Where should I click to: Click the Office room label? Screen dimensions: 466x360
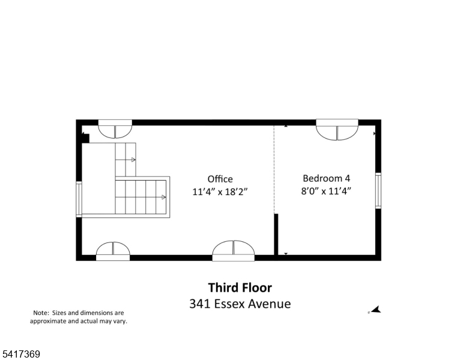click(x=220, y=179)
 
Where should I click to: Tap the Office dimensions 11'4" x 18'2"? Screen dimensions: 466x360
click(x=220, y=191)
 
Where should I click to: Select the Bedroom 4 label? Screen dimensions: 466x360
click(x=326, y=178)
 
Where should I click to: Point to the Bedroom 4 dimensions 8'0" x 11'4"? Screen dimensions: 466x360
click(x=326, y=191)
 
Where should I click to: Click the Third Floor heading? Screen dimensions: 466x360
click(x=240, y=287)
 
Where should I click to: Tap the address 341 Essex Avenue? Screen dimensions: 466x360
click(x=240, y=304)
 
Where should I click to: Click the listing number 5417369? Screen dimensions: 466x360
click(x=21, y=354)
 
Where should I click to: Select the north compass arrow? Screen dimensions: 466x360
click(x=375, y=310)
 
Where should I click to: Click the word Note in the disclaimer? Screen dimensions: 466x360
click(x=41, y=313)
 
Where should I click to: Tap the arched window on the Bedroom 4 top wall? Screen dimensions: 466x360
click(x=337, y=130)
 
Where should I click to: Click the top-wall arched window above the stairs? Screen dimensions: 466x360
click(x=115, y=129)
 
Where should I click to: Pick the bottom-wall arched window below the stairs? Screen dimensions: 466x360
click(x=113, y=251)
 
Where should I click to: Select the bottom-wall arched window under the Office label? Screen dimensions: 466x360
click(x=233, y=251)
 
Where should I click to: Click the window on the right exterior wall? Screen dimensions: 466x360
click(x=378, y=190)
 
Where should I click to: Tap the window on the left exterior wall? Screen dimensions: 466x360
click(x=79, y=199)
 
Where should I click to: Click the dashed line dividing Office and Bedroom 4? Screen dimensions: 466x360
click(x=274, y=169)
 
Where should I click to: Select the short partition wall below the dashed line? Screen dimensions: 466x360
click(x=276, y=235)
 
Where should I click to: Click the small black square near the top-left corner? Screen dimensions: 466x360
click(x=86, y=139)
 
